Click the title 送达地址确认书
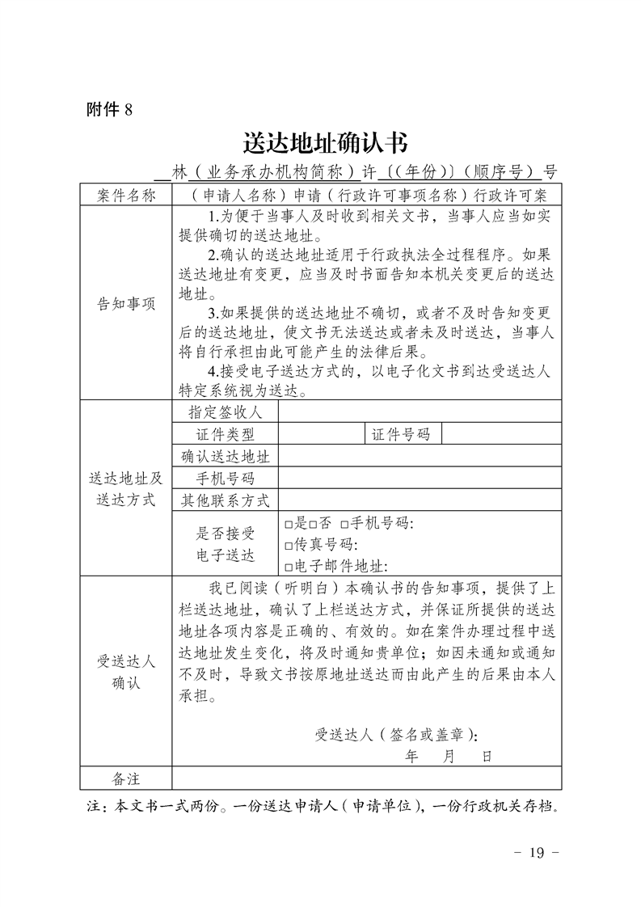coord(325,143)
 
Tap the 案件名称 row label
coord(125,195)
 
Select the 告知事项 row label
coord(125,304)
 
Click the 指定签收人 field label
coord(226,412)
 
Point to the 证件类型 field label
coord(226,435)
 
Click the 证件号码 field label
coord(401,435)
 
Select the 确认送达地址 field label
coord(226,457)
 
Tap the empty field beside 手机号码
coord(420,478)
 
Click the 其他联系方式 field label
coord(226,500)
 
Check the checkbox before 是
coord(289,525)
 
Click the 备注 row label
coord(125,778)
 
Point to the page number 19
coord(538,852)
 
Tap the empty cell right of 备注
coord(366,778)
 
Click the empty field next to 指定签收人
coord(420,412)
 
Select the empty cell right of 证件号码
coord(501,435)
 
